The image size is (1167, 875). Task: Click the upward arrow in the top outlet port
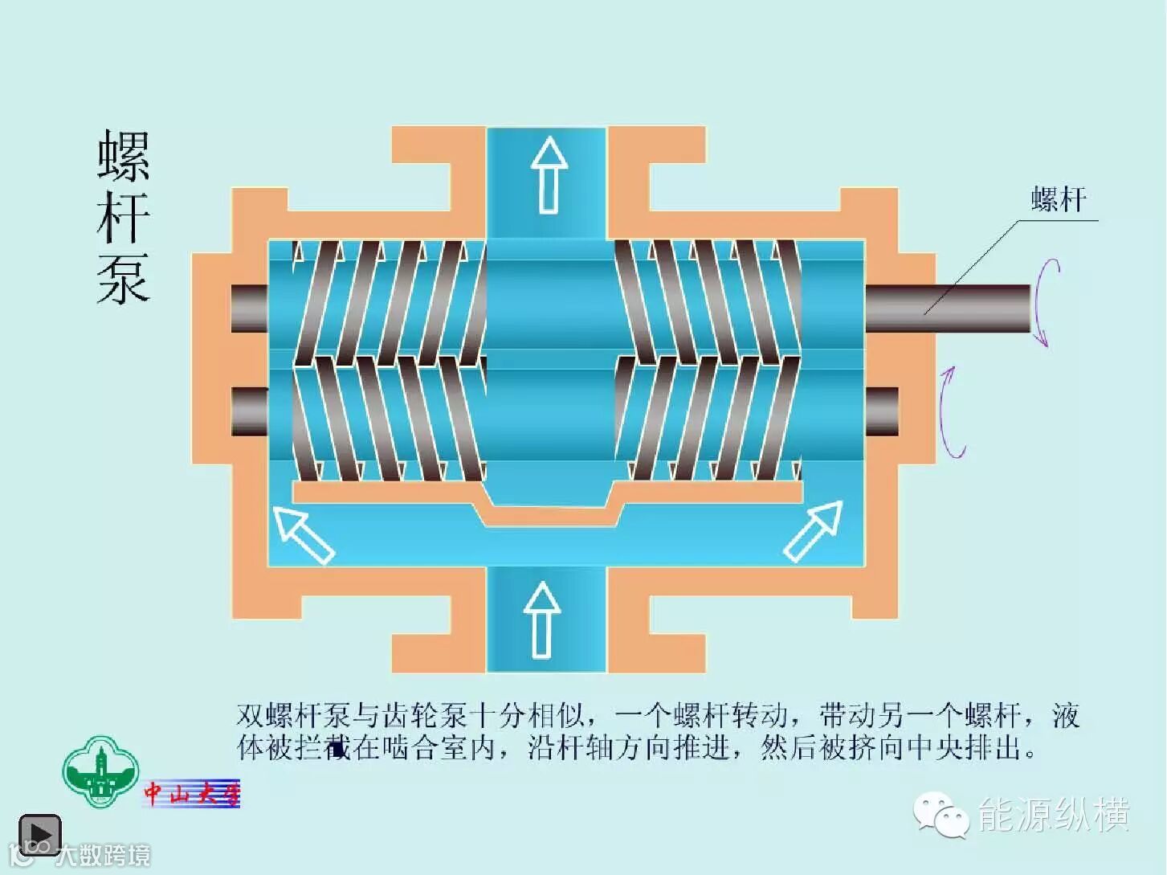[x=549, y=174]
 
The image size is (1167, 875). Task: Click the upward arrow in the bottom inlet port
[x=541, y=619]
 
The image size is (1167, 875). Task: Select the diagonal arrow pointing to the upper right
[x=813, y=530]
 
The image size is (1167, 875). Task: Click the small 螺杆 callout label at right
[x=1059, y=199]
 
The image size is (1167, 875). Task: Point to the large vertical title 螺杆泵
[x=124, y=218]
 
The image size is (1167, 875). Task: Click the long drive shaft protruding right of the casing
[x=948, y=308]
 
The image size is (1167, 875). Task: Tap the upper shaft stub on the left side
[x=250, y=308]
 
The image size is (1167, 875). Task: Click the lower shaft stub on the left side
[x=250, y=411]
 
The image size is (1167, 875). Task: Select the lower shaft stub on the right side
[x=882, y=411]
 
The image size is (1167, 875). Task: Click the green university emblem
[x=100, y=772]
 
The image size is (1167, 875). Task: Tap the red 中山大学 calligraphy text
[x=192, y=794]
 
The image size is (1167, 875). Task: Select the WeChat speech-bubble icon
[x=941, y=816]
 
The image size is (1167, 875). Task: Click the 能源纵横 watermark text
[x=1054, y=815]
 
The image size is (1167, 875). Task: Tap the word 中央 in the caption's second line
[x=935, y=748]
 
